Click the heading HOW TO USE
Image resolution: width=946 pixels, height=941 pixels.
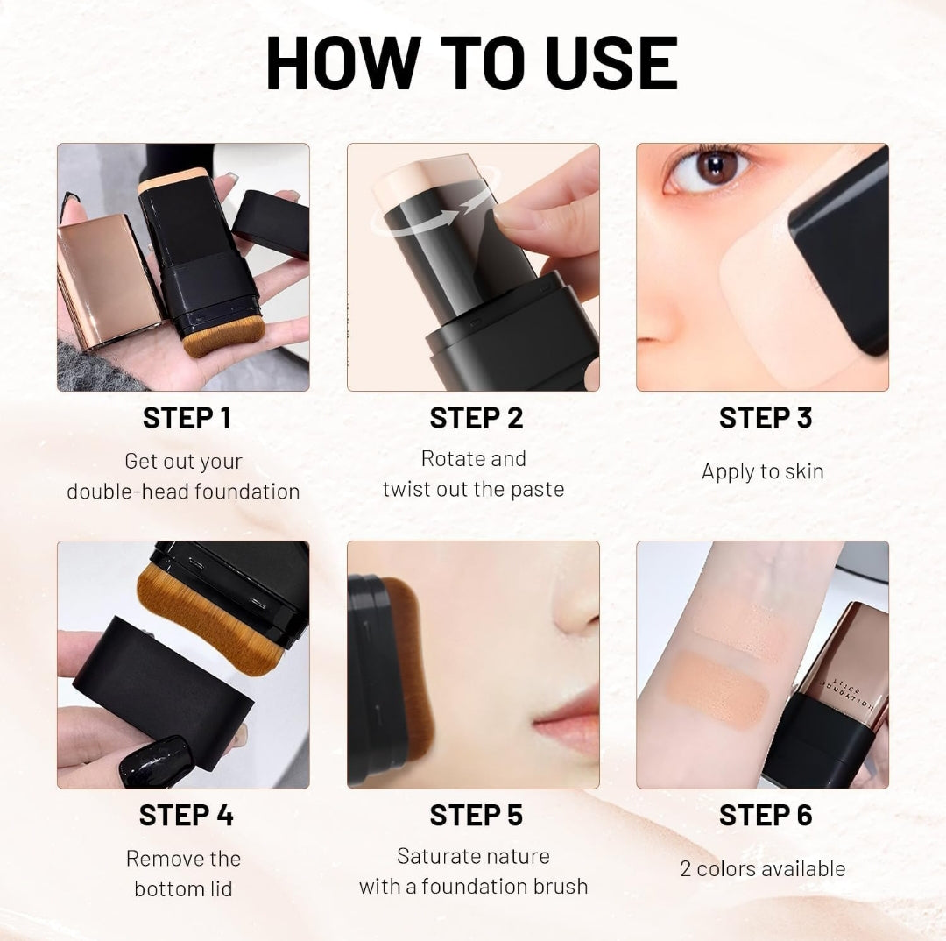[472, 63]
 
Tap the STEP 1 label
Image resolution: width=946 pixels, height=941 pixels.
[187, 419]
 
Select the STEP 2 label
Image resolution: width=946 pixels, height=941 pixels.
[476, 419]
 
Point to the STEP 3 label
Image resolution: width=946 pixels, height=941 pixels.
[765, 419]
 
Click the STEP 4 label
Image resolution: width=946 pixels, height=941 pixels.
[187, 816]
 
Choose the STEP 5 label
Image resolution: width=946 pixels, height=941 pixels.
[476, 816]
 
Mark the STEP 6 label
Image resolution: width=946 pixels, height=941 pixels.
[765, 816]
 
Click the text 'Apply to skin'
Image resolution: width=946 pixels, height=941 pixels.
[762, 471]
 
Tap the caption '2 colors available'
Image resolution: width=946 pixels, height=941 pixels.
[762, 869]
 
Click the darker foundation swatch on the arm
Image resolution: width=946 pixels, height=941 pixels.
[717, 688]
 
